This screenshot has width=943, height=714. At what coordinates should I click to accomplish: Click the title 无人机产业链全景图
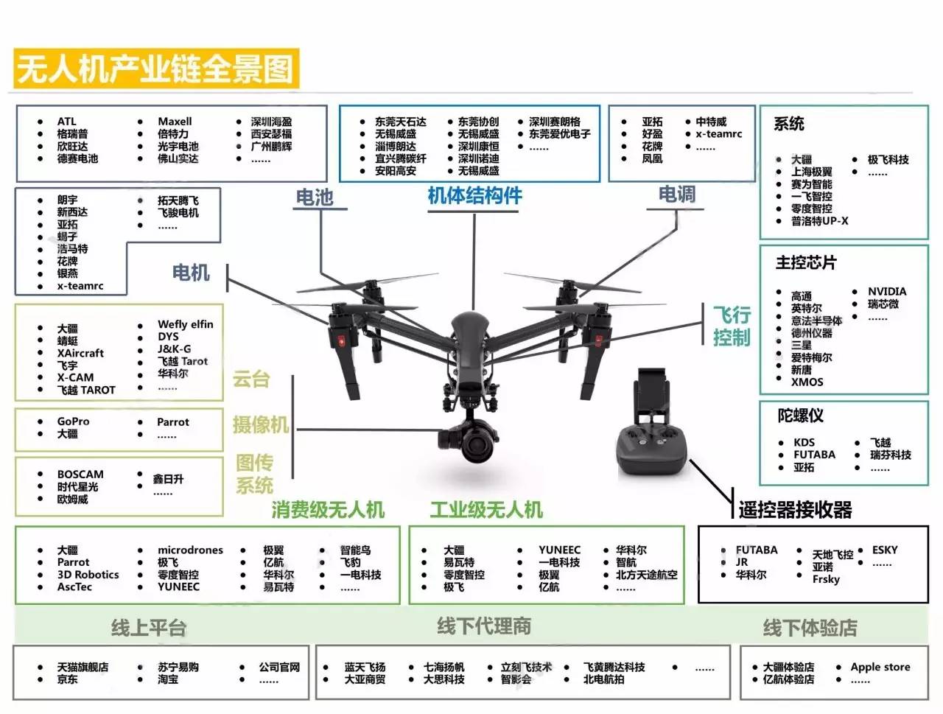point(155,69)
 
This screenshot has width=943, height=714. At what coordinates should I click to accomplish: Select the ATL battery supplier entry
point(67,122)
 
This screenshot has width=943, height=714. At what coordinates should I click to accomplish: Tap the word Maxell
point(175,122)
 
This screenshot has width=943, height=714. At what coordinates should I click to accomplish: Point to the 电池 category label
point(315,197)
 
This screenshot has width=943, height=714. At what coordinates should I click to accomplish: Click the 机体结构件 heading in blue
point(475,196)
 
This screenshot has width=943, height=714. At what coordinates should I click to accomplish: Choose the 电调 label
point(676,195)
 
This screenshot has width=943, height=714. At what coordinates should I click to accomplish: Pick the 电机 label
point(191,273)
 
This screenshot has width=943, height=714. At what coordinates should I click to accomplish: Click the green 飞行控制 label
point(731,326)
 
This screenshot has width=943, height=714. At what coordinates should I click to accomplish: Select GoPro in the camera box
point(74,421)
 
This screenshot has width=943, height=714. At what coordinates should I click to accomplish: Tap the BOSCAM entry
point(80,475)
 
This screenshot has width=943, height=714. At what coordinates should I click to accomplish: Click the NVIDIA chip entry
point(887,292)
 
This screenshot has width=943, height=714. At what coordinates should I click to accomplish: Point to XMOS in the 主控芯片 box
point(807,382)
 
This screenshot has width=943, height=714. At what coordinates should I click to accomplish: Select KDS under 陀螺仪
point(804,442)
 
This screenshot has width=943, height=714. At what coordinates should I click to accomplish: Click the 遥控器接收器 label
point(796,509)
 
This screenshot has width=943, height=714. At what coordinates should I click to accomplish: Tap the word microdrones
point(190,550)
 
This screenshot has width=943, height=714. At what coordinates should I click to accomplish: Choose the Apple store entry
point(880,667)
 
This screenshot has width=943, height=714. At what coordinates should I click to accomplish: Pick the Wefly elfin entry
point(186,324)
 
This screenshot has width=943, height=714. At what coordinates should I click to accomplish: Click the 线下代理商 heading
point(484,627)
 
